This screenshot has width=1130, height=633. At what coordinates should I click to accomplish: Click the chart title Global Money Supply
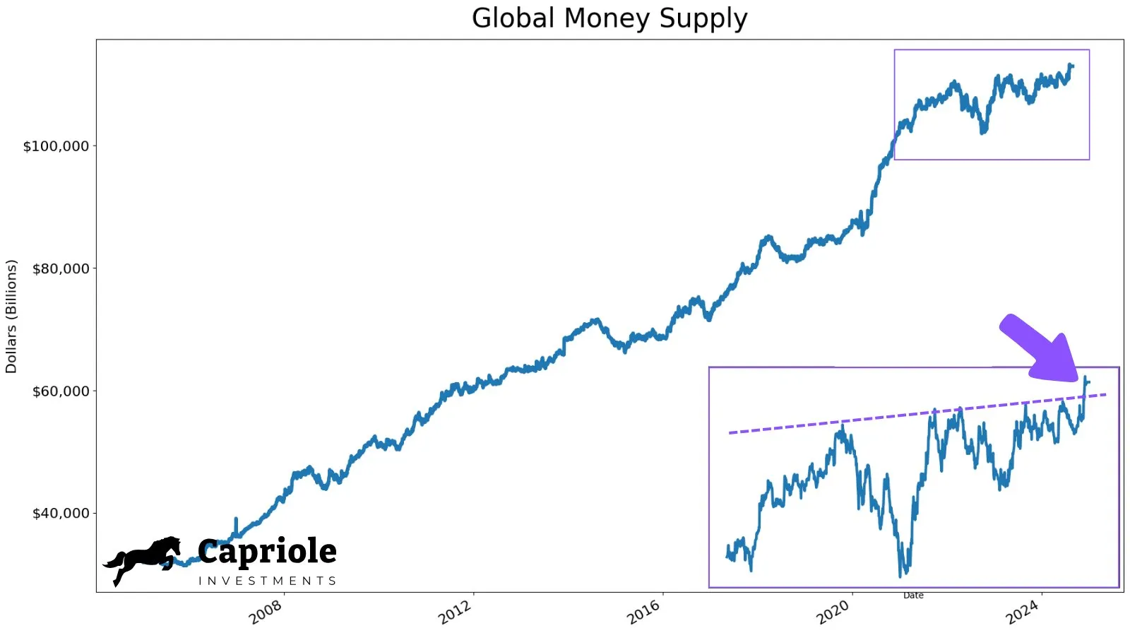(609, 18)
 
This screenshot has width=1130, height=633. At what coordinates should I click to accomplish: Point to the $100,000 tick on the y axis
(56, 146)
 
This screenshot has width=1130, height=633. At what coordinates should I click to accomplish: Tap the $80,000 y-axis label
(61, 268)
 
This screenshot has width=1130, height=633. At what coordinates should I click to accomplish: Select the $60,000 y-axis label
(61, 391)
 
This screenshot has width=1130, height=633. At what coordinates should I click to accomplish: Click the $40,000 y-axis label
(61, 514)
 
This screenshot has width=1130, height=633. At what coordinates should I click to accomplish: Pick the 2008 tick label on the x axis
(266, 612)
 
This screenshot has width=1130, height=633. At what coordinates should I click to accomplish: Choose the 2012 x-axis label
(455, 612)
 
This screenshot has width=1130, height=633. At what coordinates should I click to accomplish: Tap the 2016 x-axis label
(644, 612)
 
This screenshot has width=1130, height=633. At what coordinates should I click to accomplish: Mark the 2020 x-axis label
(833, 612)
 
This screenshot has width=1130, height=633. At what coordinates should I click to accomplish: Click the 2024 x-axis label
(1023, 612)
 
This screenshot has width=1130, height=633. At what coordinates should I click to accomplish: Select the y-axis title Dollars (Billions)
(11, 316)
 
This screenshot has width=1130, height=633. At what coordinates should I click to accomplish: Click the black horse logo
(143, 559)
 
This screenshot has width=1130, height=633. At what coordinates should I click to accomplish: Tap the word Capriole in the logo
(267, 552)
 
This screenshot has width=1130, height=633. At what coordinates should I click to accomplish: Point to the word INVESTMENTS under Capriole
(267, 581)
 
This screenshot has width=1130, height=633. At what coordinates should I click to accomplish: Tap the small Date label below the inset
(913, 596)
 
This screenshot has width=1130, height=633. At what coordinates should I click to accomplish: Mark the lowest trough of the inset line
(901, 576)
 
